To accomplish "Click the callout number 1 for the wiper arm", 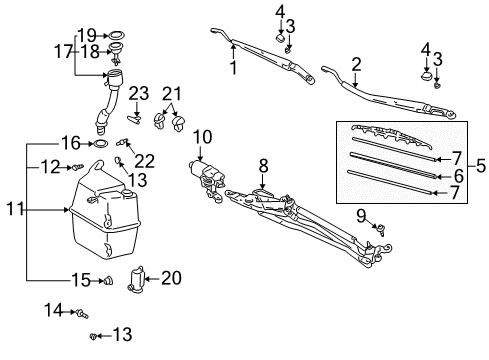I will [x=233, y=70].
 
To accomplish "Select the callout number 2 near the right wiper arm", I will [x=356, y=64].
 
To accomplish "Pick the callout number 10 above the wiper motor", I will [x=202, y=135].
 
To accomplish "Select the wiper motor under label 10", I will [x=213, y=177].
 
